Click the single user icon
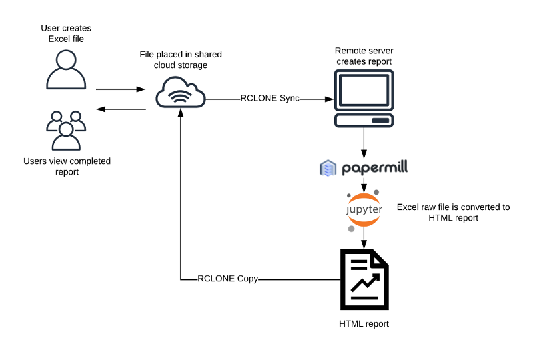pos(66,69)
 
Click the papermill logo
pos(364,167)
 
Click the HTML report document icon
pos(364,280)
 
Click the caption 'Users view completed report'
pos(67,166)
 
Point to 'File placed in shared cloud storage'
pos(182,59)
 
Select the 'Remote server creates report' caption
pos(364,56)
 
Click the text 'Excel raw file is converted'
pos(453,207)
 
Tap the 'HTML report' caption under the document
pos(364,324)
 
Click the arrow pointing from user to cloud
pos(121,89)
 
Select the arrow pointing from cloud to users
pos(121,109)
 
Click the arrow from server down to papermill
pos(364,143)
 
